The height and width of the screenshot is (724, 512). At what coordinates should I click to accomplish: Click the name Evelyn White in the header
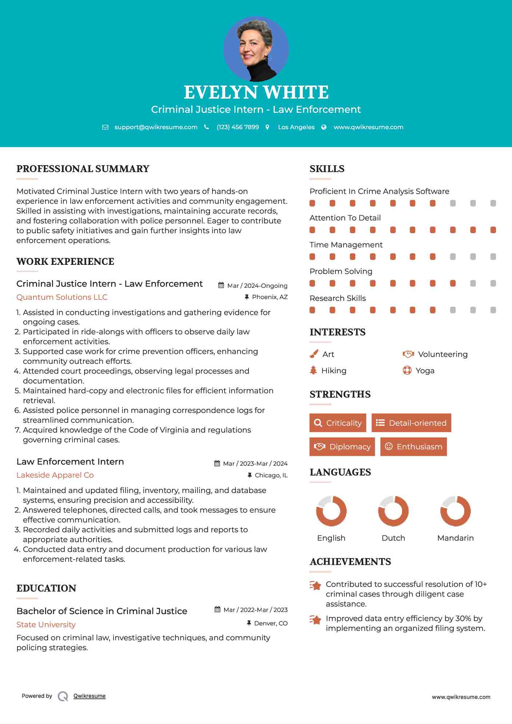256,92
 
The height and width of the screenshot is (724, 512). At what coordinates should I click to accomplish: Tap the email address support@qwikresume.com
156,127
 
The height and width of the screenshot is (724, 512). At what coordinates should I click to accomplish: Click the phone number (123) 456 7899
238,127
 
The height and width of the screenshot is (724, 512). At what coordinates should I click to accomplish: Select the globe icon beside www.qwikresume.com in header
324,127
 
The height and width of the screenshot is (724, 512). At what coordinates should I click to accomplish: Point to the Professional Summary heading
83,169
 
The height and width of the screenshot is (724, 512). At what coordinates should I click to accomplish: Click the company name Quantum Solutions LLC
62,297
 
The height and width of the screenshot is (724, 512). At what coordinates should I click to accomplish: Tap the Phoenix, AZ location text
270,297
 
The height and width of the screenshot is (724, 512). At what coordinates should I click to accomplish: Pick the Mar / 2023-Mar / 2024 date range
255,464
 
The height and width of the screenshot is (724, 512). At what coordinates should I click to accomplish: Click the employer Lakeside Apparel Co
55,475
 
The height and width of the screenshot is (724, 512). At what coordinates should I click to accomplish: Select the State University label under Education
46,624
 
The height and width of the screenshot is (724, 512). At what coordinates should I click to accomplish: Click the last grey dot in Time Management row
493,257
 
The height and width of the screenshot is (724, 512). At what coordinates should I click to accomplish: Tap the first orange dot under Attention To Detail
312,230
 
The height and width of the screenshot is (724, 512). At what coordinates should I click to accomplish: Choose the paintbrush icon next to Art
314,354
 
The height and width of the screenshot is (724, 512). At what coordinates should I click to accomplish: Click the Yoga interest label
425,370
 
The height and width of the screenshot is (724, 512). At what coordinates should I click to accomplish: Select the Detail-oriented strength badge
411,423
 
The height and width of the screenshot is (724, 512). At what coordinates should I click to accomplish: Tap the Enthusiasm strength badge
413,446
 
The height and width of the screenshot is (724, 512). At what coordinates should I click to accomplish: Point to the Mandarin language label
455,538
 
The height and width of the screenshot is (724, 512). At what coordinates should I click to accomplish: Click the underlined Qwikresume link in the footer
90,696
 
